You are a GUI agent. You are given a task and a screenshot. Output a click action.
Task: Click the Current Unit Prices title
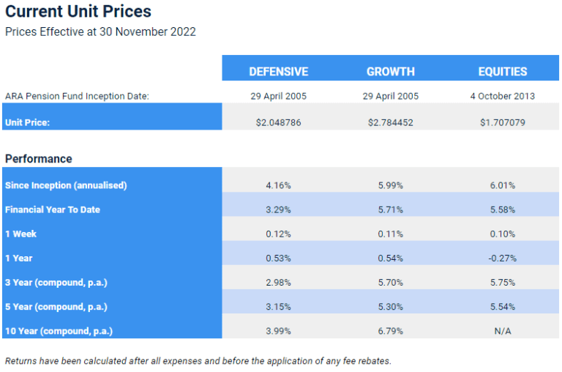(x=78, y=12)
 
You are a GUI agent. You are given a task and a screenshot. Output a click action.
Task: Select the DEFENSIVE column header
(x=278, y=71)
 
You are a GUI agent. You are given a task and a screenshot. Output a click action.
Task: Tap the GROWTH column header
(x=390, y=71)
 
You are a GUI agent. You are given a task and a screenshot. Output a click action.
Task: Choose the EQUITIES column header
(x=502, y=71)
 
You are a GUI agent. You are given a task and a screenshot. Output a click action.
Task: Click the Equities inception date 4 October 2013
(x=502, y=96)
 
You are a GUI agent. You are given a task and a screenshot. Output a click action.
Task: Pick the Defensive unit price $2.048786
(x=278, y=122)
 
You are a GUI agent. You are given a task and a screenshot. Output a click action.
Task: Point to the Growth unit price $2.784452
(x=390, y=122)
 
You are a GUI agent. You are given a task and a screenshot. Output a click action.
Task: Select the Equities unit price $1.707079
(x=502, y=122)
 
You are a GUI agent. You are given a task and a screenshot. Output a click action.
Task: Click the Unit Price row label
(x=28, y=122)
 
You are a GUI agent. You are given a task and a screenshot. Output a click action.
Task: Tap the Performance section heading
(x=39, y=158)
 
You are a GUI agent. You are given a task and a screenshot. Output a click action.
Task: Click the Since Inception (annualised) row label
(x=66, y=185)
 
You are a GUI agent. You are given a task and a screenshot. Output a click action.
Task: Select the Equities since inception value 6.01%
(x=502, y=185)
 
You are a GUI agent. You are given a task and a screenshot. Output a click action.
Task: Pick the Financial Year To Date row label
(x=53, y=209)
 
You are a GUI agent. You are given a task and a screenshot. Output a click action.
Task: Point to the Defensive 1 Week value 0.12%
(x=278, y=234)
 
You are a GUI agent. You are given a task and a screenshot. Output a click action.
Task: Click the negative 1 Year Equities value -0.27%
(x=502, y=258)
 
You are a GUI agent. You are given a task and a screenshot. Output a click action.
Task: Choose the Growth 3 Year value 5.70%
(x=390, y=282)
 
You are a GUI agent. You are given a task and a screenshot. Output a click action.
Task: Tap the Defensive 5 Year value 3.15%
(x=278, y=306)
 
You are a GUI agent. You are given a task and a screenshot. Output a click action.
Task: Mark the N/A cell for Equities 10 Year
(x=502, y=330)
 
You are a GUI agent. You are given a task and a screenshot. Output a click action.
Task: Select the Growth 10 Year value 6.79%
(x=390, y=330)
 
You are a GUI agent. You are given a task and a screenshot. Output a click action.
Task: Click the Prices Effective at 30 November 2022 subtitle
(x=100, y=31)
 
